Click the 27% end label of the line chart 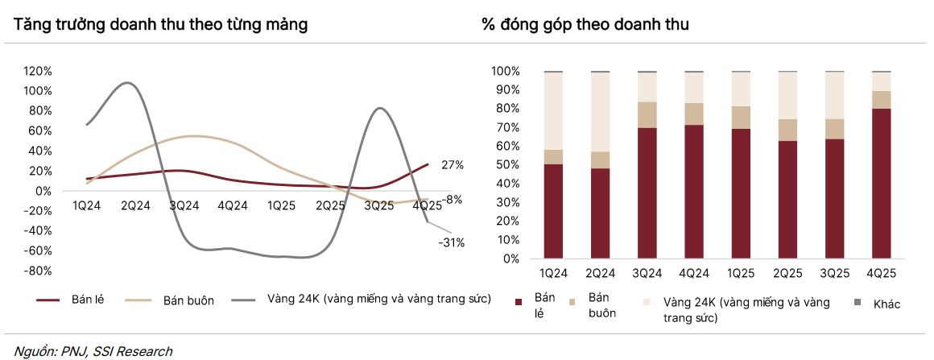click(x=453, y=165)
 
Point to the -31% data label click(x=451, y=242)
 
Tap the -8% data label click(x=452, y=199)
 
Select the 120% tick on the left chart click(x=38, y=71)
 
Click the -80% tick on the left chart click(x=37, y=271)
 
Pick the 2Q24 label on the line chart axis click(x=135, y=205)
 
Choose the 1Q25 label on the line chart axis click(x=282, y=205)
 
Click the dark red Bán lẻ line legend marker click(x=48, y=300)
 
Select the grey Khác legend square click(x=857, y=303)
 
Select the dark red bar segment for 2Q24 click(x=601, y=213)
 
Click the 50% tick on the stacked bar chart click(x=506, y=165)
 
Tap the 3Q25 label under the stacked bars click(x=834, y=274)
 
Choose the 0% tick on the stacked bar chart click(x=510, y=259)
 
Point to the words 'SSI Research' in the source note click(x=133, y=351)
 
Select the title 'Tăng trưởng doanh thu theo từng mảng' click(x=160, y=25)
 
